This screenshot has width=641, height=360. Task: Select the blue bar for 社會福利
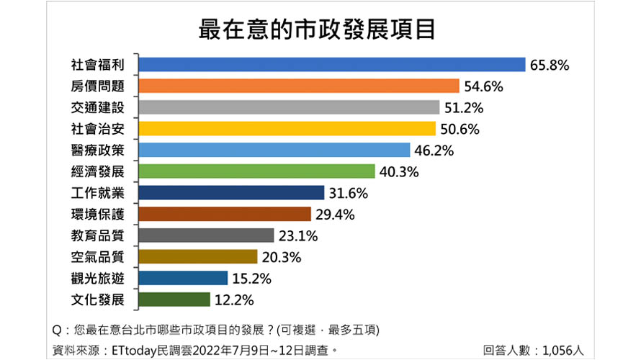coord(331,65)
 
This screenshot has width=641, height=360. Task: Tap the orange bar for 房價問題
coord(298,86)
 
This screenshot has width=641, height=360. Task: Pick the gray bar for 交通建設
coord(288,107)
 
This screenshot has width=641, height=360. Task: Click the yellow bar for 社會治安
coord(287,129)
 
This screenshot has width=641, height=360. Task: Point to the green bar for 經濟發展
coord(256,171)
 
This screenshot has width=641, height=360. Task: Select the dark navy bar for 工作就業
coord(230,193)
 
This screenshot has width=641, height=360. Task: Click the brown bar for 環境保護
coord(224,214)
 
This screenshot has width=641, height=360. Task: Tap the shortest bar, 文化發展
coord(174,300)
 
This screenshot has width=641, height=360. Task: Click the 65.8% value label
coord(550,65)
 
